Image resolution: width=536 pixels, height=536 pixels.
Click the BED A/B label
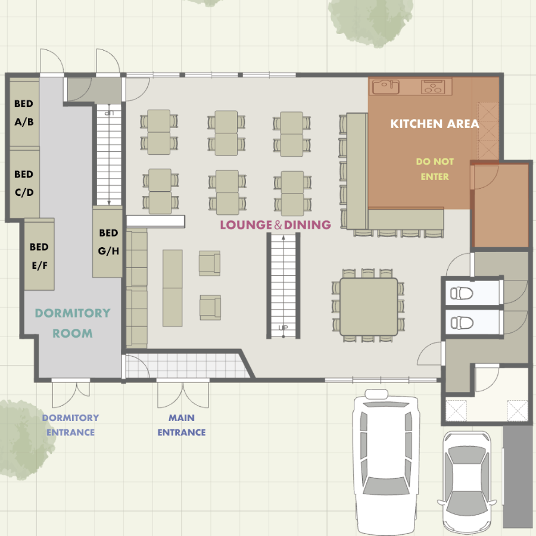click(24, 113)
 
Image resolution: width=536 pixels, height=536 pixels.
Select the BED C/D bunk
click(24, 183)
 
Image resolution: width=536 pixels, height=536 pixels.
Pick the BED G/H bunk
click(108, 242)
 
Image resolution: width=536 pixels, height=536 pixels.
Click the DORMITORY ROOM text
click(73, 323)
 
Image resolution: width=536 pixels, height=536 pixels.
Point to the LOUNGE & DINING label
click(276, 225)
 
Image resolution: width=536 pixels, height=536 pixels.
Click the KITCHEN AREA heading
click(435, 124)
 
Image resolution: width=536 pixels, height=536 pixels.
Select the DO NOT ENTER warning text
click(435, 169)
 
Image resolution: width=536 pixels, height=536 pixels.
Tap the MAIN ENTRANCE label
click(182, 425)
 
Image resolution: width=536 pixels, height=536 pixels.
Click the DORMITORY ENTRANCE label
click(70, 425)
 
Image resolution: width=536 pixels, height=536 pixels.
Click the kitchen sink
click(385, 87)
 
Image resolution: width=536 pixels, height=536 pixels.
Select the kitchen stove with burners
click(433, 87)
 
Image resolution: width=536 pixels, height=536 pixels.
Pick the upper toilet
click(462, 293)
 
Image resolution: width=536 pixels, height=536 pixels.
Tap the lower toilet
click(462, 323)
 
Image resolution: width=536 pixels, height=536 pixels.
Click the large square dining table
click(369, 307)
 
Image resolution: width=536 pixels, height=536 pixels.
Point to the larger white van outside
click(386, 462)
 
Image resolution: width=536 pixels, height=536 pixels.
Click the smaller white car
click(466, 482)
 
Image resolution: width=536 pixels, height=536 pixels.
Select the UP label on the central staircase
click(283, 328)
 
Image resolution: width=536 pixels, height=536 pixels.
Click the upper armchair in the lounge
click(210, 263)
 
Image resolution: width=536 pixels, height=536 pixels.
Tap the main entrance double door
click(183, 394)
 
